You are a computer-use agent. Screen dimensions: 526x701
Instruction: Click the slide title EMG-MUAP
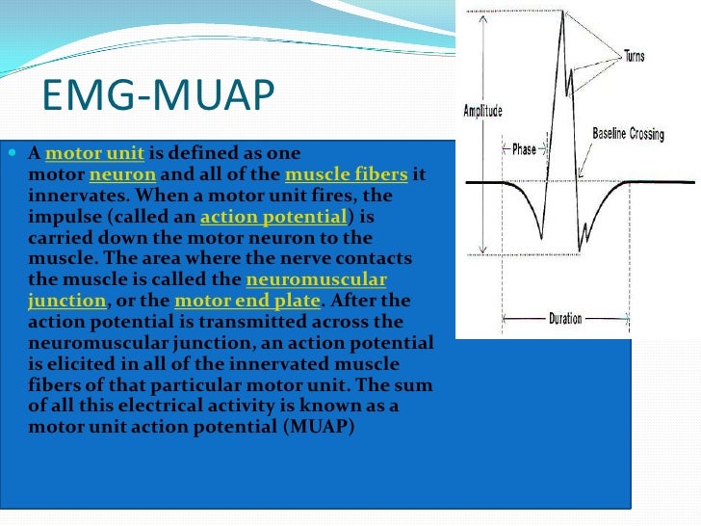[159, 97]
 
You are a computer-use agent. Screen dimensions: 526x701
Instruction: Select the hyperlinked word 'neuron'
[122, 175]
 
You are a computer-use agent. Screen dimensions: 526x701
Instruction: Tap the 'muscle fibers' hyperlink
[347, 175]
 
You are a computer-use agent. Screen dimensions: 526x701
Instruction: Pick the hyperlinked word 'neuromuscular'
[316, 279]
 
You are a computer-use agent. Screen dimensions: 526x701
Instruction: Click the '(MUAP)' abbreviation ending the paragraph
[320, 426]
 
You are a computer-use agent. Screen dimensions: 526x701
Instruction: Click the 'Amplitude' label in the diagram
[482, 111]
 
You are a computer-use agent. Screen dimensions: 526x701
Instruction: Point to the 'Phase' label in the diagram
[524, 149]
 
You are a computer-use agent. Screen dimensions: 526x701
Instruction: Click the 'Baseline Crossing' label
[628, 134]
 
